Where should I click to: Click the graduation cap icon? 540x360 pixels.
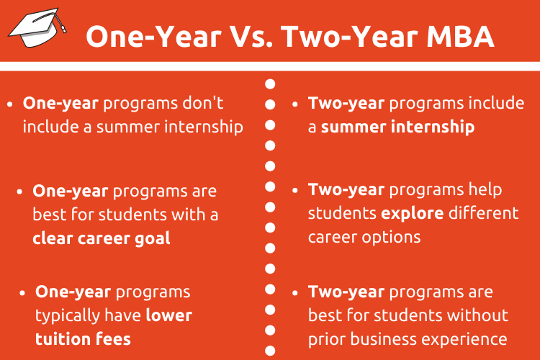pyautogui.click(x=37, y=27)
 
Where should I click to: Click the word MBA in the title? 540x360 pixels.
pyautogui.click(x=461, y=36)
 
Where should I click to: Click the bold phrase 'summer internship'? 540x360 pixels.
pyautogui.click(x=397, y=127)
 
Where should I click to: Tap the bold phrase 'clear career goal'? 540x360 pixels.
pyautogui.click(x=102, y=238)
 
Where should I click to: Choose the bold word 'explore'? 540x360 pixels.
pyautogui.click(x=413, y=214)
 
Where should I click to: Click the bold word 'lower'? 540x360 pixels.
pyautogui.click(x=168, y=315)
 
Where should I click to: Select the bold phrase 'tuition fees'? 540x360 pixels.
pyautogui.click(x=83, y=339)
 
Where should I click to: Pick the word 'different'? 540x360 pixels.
pyautogui.click(x=484, y=213)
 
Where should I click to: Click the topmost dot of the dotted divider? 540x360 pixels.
pyautogui.click(x=270, y=84)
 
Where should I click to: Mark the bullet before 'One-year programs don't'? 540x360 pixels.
pyautogui.click(x=9, y=104)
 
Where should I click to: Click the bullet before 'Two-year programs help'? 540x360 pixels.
pyautogui.click(x=294, y=191)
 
